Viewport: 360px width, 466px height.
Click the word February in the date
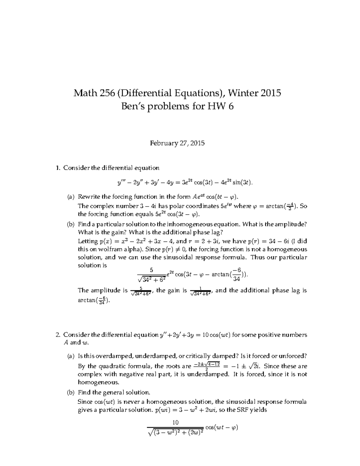[x=163, y=143]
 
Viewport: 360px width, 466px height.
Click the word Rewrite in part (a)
[x=89, y=197]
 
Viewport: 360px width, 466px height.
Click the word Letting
[x=88, y=241]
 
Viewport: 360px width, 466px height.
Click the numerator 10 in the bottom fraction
[x=175, y=422]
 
